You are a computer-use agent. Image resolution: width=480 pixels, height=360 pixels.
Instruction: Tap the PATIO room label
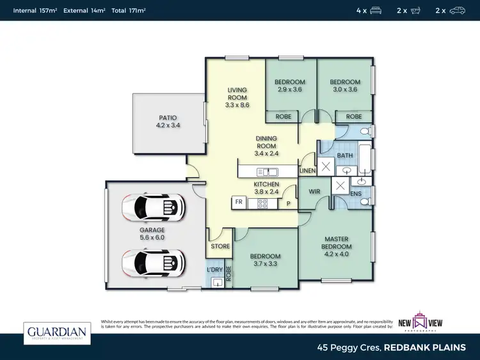pos(168,121)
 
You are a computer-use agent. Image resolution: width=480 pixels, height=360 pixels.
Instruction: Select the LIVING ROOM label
pos(237,97)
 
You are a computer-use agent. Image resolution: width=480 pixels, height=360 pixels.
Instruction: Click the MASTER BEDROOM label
pos(336,243)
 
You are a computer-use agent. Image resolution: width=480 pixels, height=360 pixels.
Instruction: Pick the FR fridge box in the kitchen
pos(239,202)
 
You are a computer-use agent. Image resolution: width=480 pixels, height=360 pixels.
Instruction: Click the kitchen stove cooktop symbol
pos(262,203)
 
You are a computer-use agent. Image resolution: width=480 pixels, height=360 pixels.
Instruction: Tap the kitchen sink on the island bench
pos(267,171)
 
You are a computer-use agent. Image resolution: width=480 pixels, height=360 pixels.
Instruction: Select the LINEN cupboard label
pos(308,171)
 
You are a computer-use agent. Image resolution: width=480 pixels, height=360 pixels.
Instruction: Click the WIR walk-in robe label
pos(314,191)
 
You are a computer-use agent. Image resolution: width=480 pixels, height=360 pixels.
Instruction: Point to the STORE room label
pos(220,246)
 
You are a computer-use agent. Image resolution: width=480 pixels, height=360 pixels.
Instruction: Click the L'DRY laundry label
pos(214,270)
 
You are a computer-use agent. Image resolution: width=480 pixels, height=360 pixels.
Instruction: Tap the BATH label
pos(345,155)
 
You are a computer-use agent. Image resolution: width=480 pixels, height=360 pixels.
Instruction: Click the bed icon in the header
pos(376,10)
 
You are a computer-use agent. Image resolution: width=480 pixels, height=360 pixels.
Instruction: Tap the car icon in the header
pos(457,10)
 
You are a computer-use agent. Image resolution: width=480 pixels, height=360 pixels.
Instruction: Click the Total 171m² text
pos(128,11)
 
